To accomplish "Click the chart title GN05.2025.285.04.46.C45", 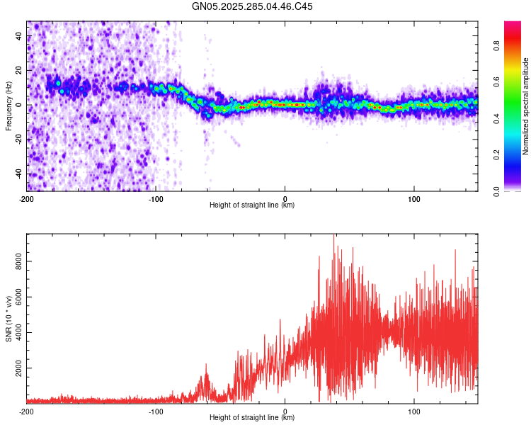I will (253, 6).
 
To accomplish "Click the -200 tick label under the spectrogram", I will (27, 198).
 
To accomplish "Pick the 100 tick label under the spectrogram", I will (414, 198).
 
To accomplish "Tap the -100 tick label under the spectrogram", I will (156, 198).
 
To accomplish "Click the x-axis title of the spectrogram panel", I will (252, 205).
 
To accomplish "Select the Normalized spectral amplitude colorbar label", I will (525, 106).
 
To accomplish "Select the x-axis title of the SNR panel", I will (252, 418).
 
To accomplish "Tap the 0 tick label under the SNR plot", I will (285, 411).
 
